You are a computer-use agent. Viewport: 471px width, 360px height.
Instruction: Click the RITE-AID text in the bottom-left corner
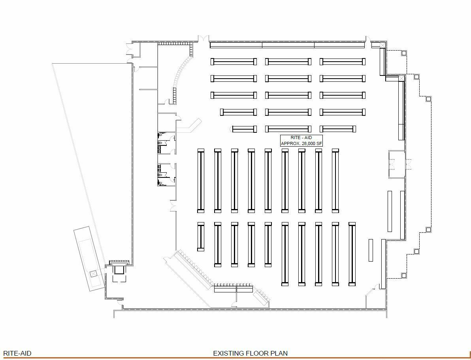click(x=17, y=353)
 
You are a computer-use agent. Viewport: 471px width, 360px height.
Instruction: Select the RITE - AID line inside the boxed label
click(x=301, y=138)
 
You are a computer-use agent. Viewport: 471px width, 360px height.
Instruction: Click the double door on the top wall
click(x=203, y=39)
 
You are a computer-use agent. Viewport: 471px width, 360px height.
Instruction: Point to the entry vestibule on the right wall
click(x=397, y=164)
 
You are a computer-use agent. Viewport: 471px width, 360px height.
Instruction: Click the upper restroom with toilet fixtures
click(x=166, y=143)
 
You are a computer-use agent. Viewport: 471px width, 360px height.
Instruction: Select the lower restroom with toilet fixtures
click(x=166, y=175)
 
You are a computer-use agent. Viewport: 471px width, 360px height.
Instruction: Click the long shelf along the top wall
click(x=287, y=45)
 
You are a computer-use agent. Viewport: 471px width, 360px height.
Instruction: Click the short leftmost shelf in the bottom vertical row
click(x=201, y=236)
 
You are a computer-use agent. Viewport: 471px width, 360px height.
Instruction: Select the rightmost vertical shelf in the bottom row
click(x=352, y=254)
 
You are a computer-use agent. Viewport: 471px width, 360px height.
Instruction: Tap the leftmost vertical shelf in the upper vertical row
click(x=201, y=181)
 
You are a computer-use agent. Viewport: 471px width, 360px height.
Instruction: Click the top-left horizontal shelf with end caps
click(x=234, y=62)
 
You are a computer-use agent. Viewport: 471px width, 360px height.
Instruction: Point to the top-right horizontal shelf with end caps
click(x=343, y=62)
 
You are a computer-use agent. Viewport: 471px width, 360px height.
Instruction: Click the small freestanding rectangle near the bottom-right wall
click(x=371, y=250)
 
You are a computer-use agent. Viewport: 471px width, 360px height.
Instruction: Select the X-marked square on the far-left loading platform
click(x=94, y=273)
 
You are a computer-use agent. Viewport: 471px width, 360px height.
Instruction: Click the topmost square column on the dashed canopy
click(x=404, y=53)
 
